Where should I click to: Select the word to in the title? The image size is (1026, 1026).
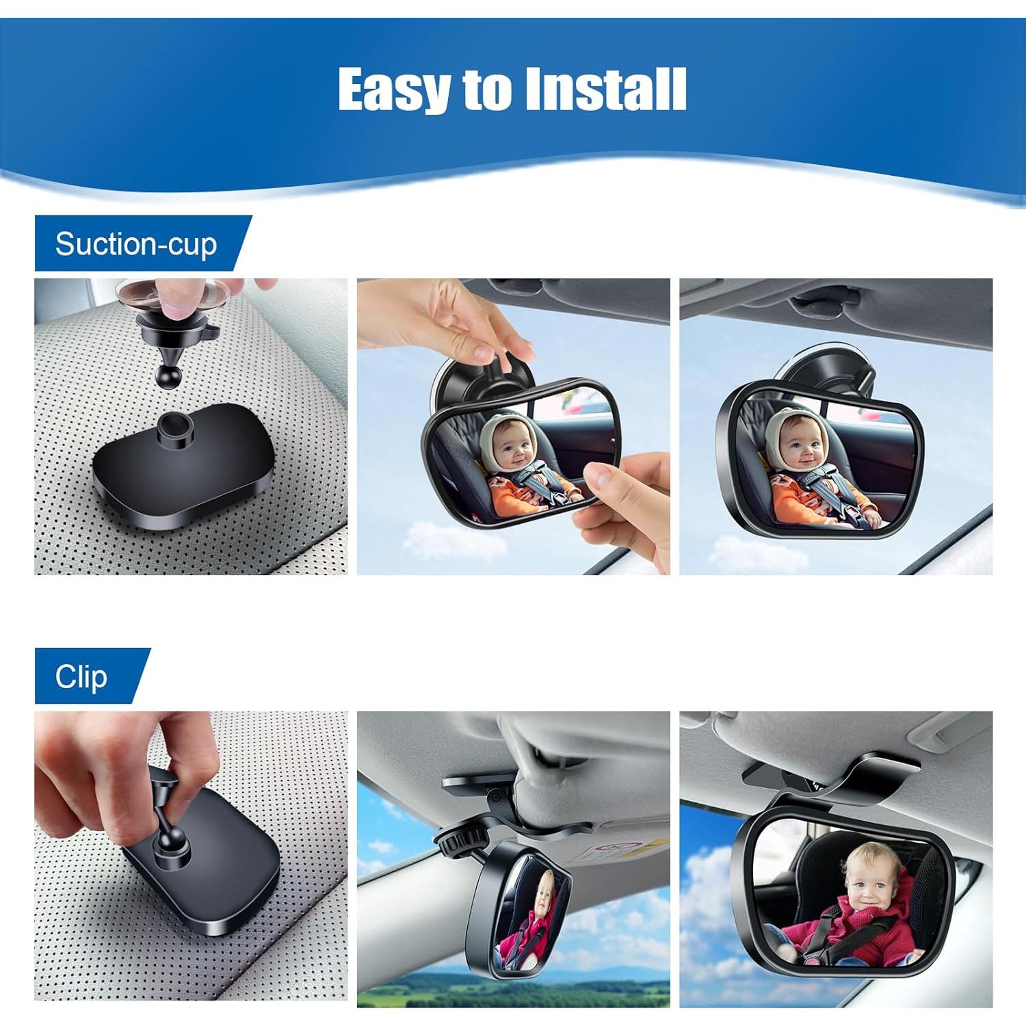click(486, 89)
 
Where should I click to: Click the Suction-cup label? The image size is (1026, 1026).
click(136, 244)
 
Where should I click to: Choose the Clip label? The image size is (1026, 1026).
click(81, 676)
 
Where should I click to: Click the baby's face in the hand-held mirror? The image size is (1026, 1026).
click(509, 445)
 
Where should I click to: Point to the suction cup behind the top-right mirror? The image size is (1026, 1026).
click(818, 373)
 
